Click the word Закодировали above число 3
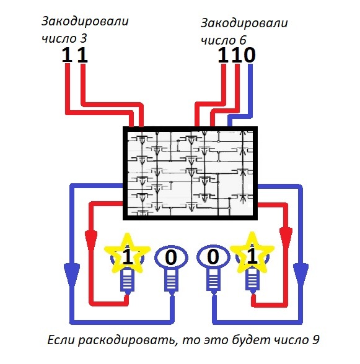point(85,22)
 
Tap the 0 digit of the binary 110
point(248,55)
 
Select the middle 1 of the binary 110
point(236,55)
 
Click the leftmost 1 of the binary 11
point(67,55)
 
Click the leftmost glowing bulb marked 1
point(127,258)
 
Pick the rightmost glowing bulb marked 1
point(252,258)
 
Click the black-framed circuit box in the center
point(191,173)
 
